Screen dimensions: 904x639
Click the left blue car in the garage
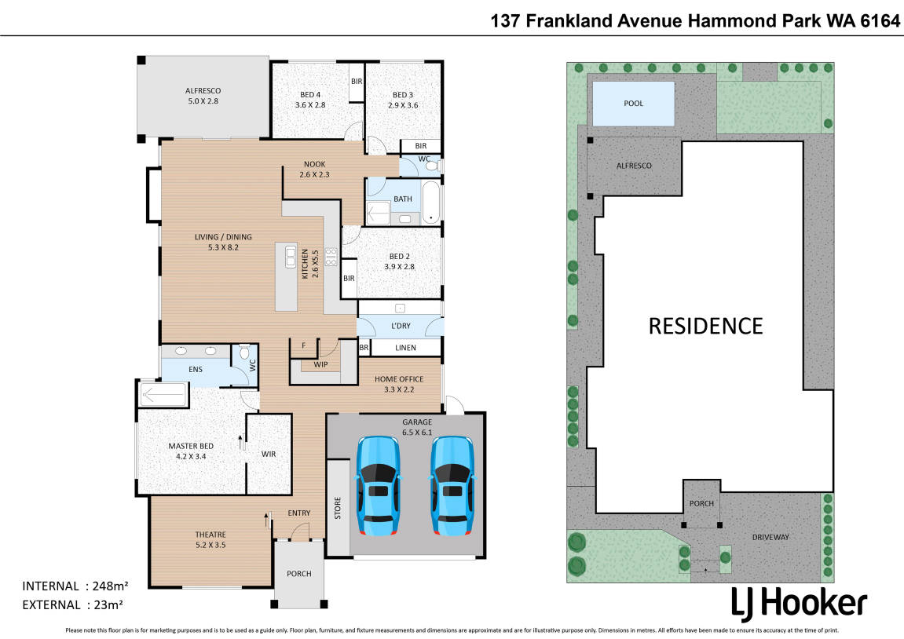378,486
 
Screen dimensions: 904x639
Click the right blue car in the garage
452,486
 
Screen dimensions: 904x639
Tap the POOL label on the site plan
633,103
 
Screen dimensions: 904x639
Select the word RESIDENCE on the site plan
705,326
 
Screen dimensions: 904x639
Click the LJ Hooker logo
799,604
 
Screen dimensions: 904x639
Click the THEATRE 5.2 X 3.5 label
210,540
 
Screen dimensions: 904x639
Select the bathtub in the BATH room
431,203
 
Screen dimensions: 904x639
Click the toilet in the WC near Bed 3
432,166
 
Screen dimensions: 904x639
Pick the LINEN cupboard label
405,348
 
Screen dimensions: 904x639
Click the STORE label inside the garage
338,508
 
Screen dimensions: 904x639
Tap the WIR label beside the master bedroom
269,454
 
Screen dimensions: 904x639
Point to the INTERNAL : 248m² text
75,586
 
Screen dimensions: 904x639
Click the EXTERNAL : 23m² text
72,605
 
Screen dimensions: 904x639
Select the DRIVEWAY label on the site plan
770,537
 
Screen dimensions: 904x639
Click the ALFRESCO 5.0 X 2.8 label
203,96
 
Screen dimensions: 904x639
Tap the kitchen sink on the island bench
291,257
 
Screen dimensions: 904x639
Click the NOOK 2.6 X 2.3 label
315,170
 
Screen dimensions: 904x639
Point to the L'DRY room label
401,326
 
